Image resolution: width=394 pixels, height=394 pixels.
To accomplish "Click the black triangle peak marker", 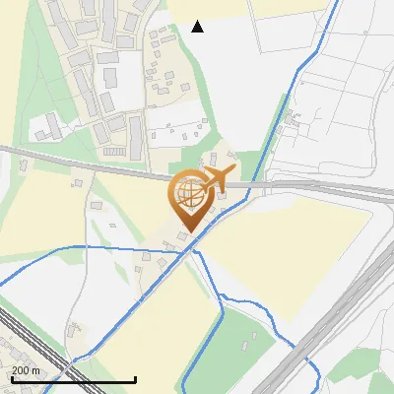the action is [197, 27].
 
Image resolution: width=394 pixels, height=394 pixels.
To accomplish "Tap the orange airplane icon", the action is [215, 178].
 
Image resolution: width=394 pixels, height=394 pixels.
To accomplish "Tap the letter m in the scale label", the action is [35, 370].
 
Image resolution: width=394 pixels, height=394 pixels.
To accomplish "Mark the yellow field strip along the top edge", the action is [246, 8].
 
